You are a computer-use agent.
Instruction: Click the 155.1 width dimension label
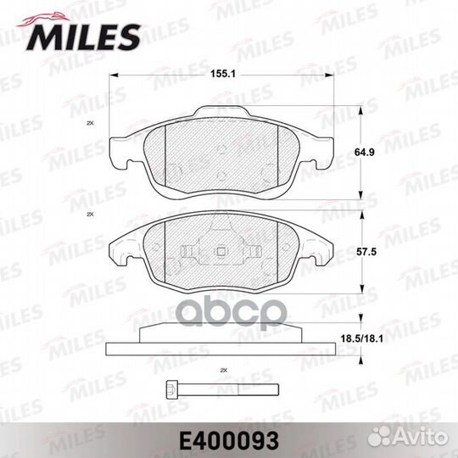223,74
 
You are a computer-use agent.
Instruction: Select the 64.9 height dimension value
364,152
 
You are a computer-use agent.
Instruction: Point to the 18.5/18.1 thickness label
362,338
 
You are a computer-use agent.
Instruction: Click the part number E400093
229,441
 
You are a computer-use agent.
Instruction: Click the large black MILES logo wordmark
82,37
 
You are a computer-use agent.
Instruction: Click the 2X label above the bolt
224,371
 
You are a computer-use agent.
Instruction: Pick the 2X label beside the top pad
90,123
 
